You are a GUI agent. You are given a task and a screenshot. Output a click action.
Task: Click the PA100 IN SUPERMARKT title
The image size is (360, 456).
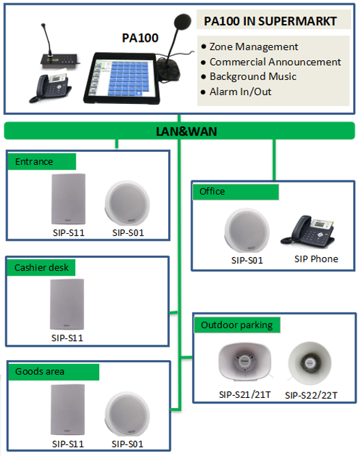click(270, 21)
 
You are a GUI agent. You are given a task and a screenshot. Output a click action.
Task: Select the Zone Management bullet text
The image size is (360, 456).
click(253, 46)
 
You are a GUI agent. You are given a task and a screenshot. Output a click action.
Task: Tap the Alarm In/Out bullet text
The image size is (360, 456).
click(240, 92)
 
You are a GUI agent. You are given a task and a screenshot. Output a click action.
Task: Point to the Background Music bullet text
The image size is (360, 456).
click(253, 77)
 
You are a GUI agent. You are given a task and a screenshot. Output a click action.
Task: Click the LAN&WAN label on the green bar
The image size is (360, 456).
click(186, 131)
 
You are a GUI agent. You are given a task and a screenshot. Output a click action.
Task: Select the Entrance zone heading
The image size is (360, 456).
click(34, 162)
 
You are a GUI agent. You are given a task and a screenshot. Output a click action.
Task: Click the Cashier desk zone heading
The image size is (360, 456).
click(41, 267)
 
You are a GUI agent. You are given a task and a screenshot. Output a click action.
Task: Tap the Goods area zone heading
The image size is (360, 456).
click(40, 371)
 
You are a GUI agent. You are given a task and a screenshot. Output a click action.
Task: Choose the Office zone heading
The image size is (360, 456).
click(212, 191)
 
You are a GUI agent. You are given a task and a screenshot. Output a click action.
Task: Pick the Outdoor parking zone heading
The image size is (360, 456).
click(236, 325)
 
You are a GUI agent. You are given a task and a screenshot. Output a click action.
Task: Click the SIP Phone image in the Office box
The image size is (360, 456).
click(308, 232)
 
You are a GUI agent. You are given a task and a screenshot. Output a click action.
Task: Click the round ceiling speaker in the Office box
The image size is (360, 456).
click(247, 230)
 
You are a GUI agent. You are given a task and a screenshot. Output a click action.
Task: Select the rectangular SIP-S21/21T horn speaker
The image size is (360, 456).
click(245, 362)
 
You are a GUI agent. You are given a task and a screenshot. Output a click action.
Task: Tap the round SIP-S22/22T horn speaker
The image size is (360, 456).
click(309, 362)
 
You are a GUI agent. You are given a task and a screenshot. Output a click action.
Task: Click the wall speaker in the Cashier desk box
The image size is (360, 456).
click(67, 304)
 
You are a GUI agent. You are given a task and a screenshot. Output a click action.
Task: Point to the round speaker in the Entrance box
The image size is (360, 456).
click(127, 202)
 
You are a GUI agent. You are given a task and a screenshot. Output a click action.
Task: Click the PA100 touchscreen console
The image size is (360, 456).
click(122, 78)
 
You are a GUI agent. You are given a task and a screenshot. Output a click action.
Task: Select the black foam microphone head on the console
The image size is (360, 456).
click(182, 21)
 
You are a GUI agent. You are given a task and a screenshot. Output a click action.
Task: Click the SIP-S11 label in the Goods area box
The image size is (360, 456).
click(68, 444)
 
